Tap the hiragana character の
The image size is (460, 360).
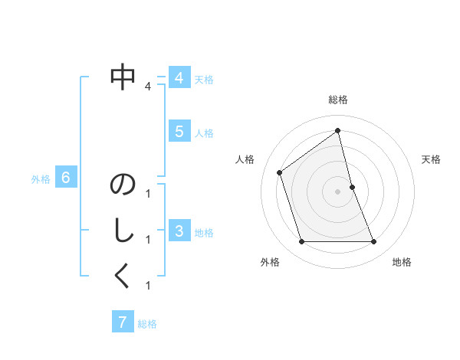[123, 185]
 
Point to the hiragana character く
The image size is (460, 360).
[123, 277]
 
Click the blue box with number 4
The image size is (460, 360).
[179, 78]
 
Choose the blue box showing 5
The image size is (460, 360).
[179, 132]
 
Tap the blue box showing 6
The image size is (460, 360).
[66, 178]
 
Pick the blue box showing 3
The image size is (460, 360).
[179, 231]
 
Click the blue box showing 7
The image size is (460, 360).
[122, 322]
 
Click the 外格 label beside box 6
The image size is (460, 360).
[41, 179]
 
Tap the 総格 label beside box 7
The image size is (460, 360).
[147, 324]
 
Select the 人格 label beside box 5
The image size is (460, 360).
[204, 133]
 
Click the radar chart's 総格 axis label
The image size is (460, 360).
[338, 100]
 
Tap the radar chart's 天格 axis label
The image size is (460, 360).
[432, 159]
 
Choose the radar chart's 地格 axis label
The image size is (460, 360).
[402, 262]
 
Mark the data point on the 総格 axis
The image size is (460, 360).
[338, 130]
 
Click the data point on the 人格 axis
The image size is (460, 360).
[280, 172]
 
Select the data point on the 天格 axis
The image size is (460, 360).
[353, 187]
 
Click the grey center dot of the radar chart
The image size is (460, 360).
[338, 191]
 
